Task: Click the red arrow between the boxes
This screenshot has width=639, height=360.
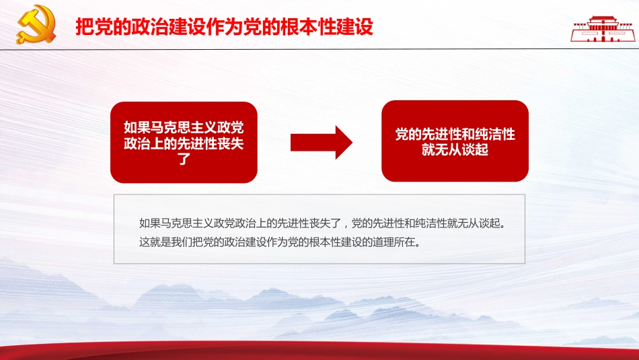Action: pyautogui.click(x=321, y=142)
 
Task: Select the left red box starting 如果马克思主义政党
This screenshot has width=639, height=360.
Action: pyautogui.click(x=184, y=142)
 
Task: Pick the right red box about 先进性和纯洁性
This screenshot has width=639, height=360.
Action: pyautogui.click(x=455, y=141)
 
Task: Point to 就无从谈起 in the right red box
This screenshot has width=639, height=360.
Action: pyautogui.click(x=455, y=150)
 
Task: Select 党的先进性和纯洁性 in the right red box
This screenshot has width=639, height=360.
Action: pyautogui.click(x=455, y=134)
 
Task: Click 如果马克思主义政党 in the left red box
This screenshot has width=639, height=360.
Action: pyautogui.click(x=184, y=127)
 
